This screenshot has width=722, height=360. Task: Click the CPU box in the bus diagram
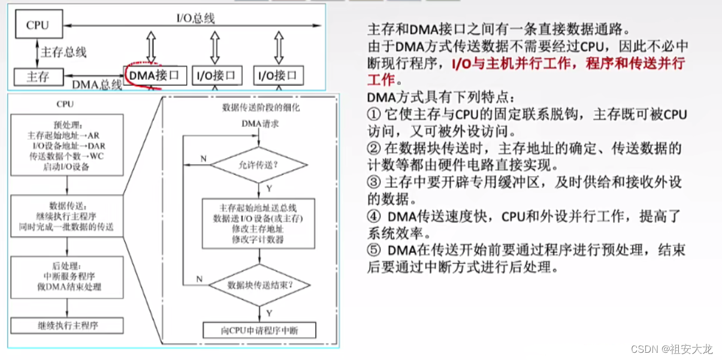point(37,26)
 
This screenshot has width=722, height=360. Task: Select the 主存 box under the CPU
point(37,77)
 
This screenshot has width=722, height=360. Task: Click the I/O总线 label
point(195,18)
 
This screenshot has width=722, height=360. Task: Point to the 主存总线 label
point(64,52)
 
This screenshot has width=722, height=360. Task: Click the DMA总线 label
point(97,85)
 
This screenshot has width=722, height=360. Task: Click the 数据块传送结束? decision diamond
point(259,285)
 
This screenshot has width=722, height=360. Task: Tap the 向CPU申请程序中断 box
point(259,330)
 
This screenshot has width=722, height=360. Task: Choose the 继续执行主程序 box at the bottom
point(67,326)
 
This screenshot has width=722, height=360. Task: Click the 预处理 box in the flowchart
point(67,146)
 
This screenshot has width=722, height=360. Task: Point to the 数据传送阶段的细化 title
point(260,108)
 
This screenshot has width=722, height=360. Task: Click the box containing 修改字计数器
point(259,222)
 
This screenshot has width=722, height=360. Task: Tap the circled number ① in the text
point(373,114)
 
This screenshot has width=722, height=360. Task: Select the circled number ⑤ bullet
point(373,249)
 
